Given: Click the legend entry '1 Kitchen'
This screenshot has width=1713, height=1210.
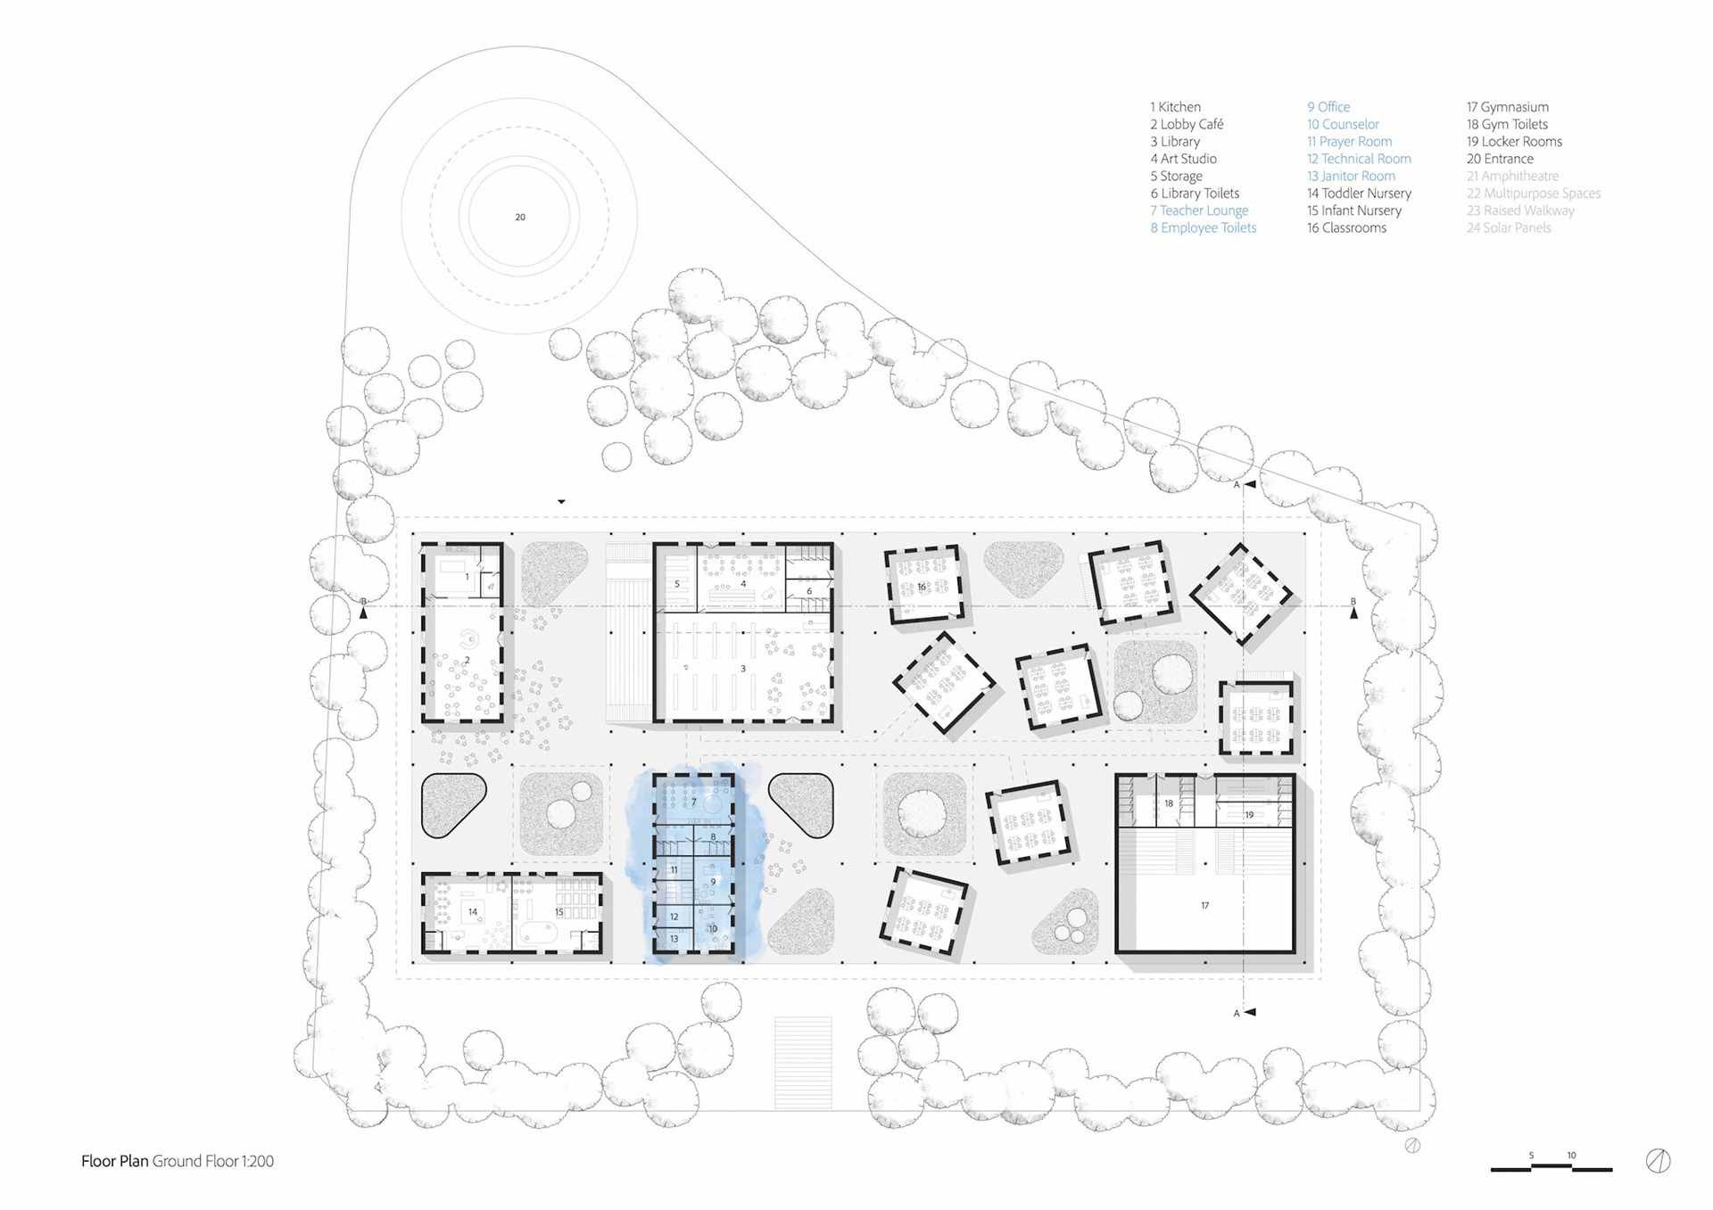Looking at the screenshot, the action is tap(1175, 107).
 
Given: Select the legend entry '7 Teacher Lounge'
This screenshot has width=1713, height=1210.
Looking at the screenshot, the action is tap(1199, 210).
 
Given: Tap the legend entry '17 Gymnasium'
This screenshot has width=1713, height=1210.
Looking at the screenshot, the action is tap(1508, 107).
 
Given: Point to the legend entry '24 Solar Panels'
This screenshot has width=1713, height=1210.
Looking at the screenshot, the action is tap(1509, 227).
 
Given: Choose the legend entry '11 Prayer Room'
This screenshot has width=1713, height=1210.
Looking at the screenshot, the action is tap(1349, 141).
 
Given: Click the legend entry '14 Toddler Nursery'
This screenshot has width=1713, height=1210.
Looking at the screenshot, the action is tap(1359, 193).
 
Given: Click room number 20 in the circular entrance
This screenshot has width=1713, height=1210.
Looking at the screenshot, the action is tap(520, 217).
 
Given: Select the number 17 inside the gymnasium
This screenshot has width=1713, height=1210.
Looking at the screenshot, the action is tap(1204, 905).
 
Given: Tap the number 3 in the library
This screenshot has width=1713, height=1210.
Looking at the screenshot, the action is tap(742, 668).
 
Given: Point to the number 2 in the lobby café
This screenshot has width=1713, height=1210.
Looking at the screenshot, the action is tap(467, 661).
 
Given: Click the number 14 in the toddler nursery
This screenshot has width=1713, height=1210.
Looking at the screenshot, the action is tap(473, 911).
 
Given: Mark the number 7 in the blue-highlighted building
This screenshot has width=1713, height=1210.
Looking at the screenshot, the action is tap(694, 803).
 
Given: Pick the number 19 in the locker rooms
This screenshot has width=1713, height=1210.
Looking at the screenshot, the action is tap(1249, 814).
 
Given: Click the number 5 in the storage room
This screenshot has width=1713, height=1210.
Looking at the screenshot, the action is tap(677, 584).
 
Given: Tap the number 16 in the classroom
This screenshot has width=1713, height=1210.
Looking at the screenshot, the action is tap(922, 587).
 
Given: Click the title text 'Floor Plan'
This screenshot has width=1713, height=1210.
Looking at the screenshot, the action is tap(114, 1161).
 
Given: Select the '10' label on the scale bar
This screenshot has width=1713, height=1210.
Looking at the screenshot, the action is tap(1571, 1156).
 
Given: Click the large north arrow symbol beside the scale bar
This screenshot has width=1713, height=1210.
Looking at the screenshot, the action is tap(1658, 1160).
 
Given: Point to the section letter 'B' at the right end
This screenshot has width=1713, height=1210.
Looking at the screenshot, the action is tap(1353, 602).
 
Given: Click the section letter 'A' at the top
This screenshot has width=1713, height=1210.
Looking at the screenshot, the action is tap(1237, 485).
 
